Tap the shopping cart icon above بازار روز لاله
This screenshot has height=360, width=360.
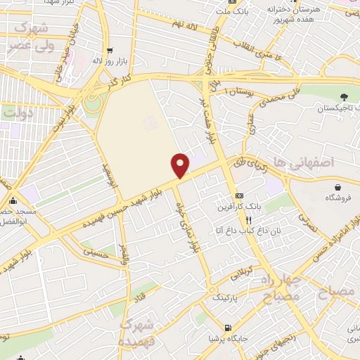coord(110,50)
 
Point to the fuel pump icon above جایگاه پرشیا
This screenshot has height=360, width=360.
coord(226,328)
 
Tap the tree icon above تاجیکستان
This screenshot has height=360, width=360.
coord(343,97)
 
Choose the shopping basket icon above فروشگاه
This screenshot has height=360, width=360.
coord(339,187)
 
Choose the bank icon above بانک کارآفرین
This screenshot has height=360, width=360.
coord(239,195)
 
